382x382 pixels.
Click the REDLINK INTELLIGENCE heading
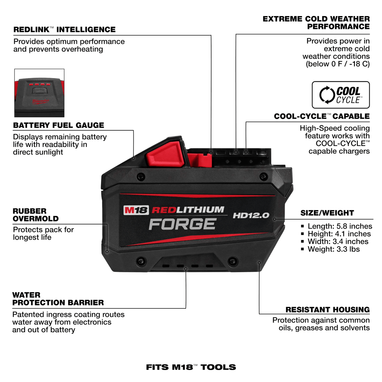click(65, 30)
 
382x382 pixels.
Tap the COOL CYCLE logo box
click(340, 95)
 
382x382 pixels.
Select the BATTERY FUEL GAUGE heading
click(59, 125)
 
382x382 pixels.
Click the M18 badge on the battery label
click(136, 210)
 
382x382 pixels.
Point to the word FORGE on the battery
click(183, 224)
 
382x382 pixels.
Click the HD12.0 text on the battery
click(251, 216)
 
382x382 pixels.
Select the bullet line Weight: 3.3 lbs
click(334, 249)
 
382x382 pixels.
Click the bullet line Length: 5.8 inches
click(340, 226)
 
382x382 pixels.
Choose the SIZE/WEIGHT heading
click(327, 213)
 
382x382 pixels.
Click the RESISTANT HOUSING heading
click(327, 310)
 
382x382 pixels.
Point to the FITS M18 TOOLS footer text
click(191, 367)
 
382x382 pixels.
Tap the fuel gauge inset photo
click(39, 93)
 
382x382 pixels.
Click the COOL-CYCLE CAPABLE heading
click(322, 116)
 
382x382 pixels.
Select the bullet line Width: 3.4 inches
click(338, 242)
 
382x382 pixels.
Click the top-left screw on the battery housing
click(141, 177)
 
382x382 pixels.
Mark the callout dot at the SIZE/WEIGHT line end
click(275, 219)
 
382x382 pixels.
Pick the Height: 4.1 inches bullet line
click(339, 234)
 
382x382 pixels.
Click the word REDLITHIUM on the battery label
click(188, 210)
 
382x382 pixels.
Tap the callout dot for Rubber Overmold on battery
click(107, 251)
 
